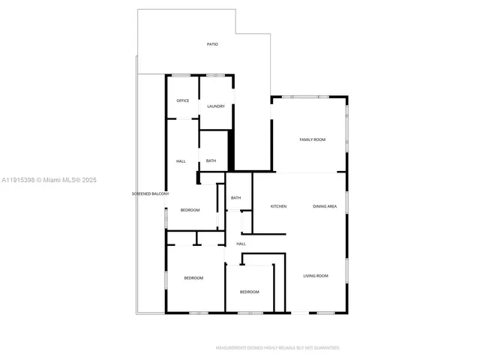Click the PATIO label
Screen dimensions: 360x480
click(212, 45)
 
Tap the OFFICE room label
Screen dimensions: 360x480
click(182, 100)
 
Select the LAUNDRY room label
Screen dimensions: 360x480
click(216, 106)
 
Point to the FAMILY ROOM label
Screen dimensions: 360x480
click(312, 139)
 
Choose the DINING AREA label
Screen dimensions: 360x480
click(325, 206)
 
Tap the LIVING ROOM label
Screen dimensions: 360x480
click(316, 276)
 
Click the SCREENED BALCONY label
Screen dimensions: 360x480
click(150, 194)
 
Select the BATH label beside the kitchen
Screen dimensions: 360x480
click(235, 198)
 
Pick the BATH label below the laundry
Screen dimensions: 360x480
click(211, 160)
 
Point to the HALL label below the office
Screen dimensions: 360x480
click(181, 161)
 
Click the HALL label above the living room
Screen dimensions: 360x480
click(241, 244)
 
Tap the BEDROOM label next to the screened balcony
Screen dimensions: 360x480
click(190, 210)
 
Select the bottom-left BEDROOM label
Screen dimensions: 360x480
click(193, 278)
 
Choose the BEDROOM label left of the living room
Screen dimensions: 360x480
click(249, 292)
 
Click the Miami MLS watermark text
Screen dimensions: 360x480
click(49, 180)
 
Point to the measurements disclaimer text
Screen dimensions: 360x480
click(277, 348)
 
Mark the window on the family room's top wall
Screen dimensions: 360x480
click(309, 96)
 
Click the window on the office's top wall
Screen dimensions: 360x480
click(181, 75)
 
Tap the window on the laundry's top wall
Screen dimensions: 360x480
click(216, 75)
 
